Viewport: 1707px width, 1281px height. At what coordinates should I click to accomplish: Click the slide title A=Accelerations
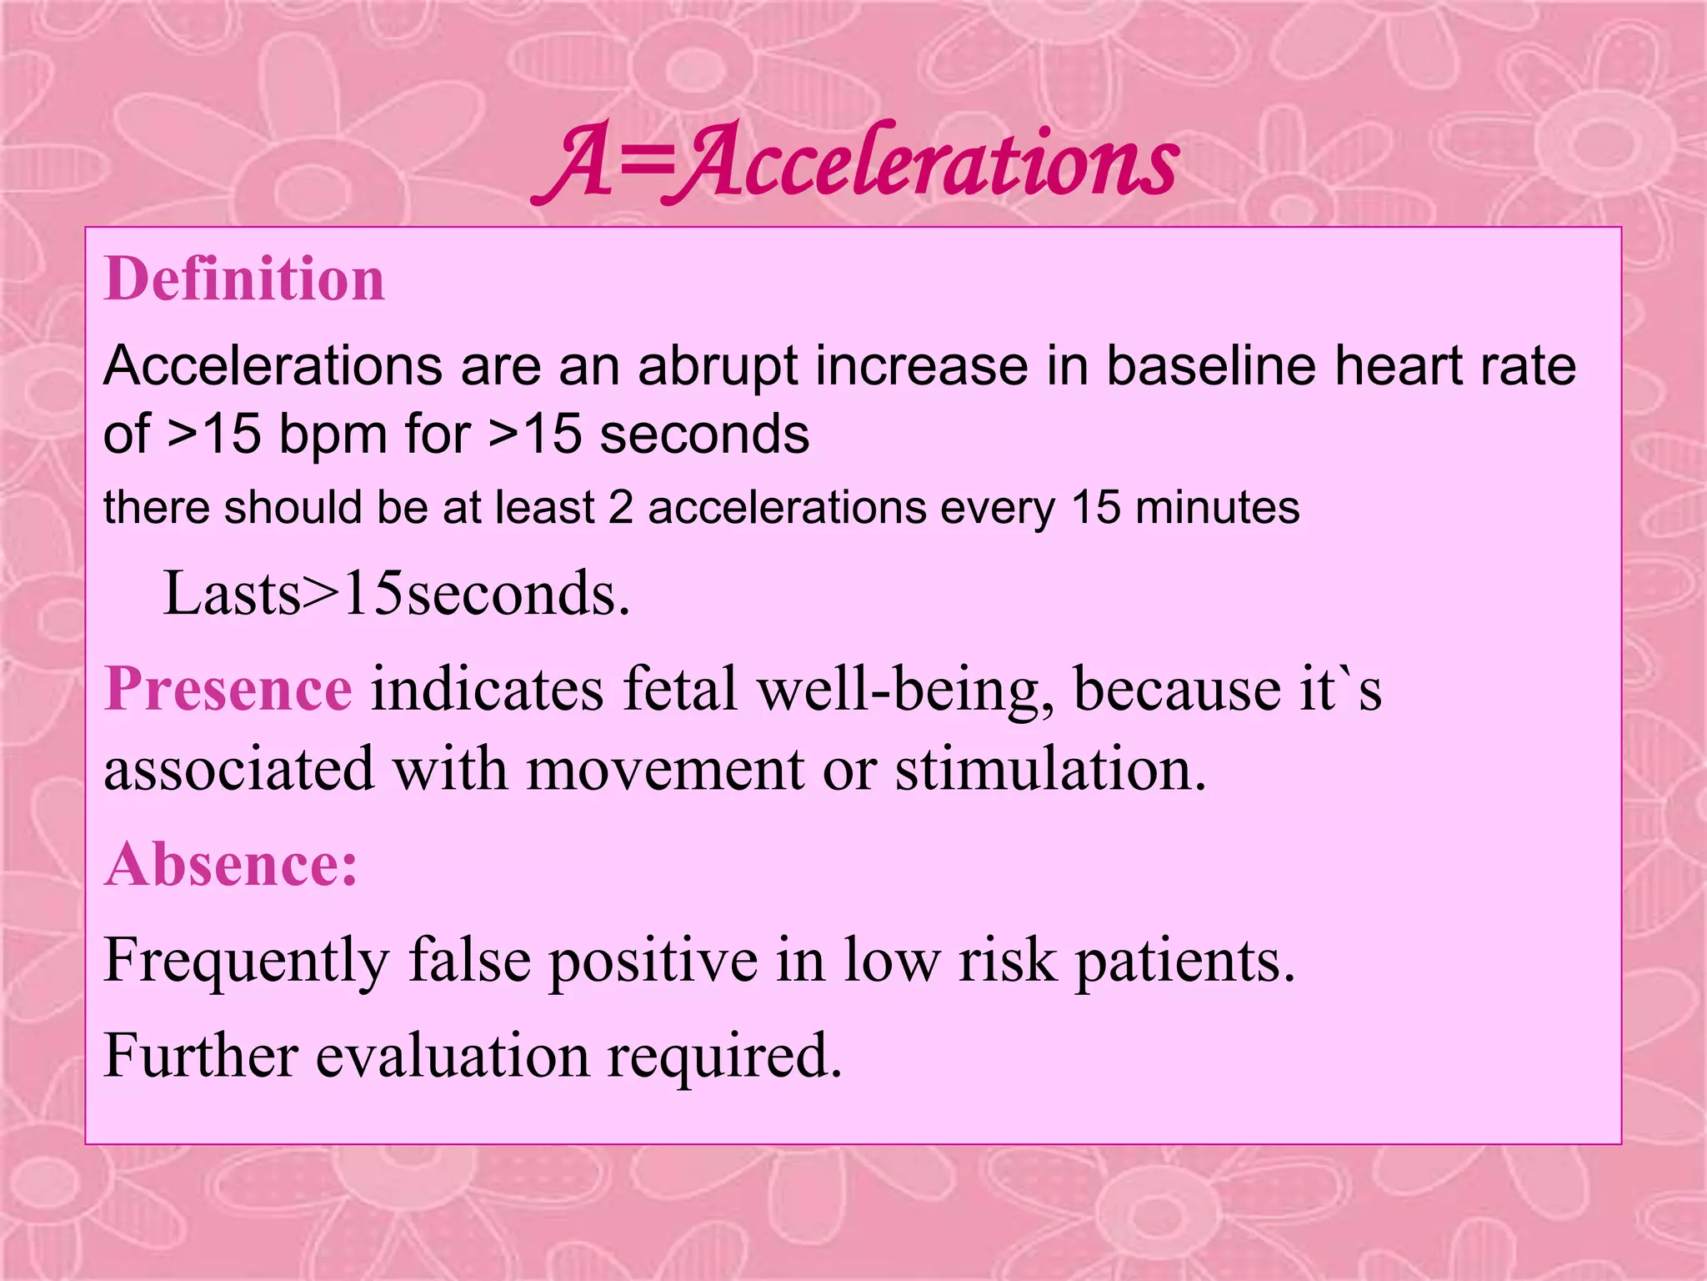[x=856, y=162]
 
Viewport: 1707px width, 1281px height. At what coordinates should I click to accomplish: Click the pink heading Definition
[x=244, y=279]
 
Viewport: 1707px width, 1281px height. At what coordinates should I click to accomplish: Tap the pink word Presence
[x=228, y=689]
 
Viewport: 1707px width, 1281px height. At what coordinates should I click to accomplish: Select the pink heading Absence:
[x=231, y=865]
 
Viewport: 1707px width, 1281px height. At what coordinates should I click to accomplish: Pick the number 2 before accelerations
[x=620, y=508]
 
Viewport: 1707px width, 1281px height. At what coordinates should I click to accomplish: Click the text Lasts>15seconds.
[x=397, y=594]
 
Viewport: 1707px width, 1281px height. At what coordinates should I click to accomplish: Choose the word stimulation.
[x=1050, y=769]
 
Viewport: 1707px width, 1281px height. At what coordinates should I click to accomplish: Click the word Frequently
[x=247, y=962]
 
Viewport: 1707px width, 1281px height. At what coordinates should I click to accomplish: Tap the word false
[x=469, y=960]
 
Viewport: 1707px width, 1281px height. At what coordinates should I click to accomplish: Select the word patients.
[x=1184, y=962]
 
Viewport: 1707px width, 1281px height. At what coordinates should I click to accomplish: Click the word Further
[x=201, y=1056]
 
